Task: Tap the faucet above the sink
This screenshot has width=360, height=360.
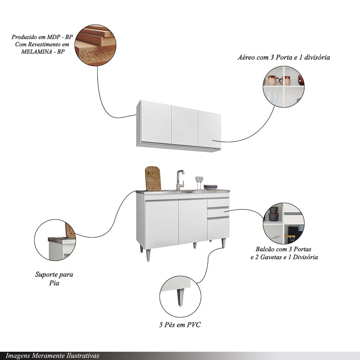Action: [x=179, y=179]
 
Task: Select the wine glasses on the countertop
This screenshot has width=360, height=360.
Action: [x=199, y=181]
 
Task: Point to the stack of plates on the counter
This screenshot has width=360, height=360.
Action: [x=210, y=187]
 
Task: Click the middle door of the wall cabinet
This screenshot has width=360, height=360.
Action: [x=184, y=126]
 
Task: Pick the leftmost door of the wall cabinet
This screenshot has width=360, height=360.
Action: [x=156, y=122]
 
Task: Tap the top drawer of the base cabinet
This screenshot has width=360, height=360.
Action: [x=218, y=202]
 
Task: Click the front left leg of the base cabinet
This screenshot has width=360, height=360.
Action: [x=148, y=255]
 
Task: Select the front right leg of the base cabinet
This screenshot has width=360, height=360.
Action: [x=223, y=243]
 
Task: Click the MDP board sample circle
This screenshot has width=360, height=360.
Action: [x=95, y=45]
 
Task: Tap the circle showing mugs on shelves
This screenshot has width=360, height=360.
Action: [x=284, y=86]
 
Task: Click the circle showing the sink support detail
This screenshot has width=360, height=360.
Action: [x=55, y=240]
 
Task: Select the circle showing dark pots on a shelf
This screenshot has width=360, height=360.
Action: [x=283, y=224]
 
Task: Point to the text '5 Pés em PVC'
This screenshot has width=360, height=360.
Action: [x=180, y=325]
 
